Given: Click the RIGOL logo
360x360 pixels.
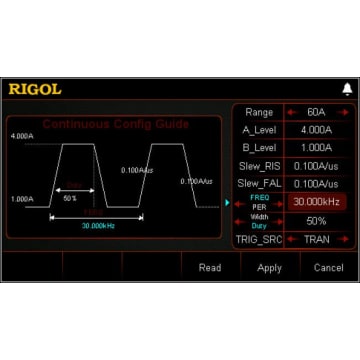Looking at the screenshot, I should pos(36,89).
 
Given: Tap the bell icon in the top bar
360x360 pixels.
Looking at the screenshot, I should pos(347,89).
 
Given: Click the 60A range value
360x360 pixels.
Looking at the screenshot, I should pos(316,112).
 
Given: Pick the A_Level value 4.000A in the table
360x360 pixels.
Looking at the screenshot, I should pos(316,130).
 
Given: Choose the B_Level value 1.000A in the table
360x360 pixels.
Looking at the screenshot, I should pos(316,147).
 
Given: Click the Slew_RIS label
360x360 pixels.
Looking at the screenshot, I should pos(262,166).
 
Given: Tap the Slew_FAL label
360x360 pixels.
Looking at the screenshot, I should pos(262,183).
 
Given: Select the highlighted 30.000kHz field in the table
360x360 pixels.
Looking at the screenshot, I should pos(316,202).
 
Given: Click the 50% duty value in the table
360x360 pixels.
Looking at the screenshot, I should pos(316,220).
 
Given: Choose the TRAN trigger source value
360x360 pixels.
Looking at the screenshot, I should pos(316,240).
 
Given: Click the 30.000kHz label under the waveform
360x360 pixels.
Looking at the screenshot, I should pos(96,226).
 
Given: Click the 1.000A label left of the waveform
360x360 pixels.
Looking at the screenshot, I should pos(22,199).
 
